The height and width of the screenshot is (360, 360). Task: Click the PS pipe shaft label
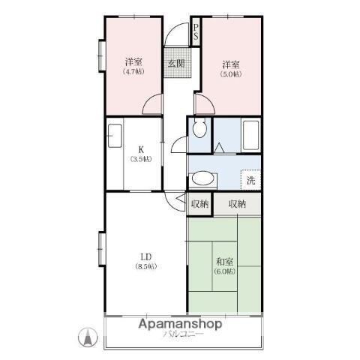(x=196, y=31)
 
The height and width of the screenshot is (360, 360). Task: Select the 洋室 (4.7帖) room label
(x=133, y=66)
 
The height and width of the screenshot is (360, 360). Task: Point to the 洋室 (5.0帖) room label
(x=229, y=68)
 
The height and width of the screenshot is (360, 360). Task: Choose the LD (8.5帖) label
(x=145, y=262)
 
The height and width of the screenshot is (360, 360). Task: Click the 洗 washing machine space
(x=250, y=180)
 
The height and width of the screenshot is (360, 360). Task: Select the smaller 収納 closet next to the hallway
(x=199, y=203)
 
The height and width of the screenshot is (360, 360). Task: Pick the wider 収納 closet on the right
(x=238, y=203)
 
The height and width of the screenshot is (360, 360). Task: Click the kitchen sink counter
(x=115, y=139)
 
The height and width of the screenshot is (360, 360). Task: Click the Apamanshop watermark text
(x=179, y=325)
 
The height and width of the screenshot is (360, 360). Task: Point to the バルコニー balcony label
(x=184, y=334)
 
